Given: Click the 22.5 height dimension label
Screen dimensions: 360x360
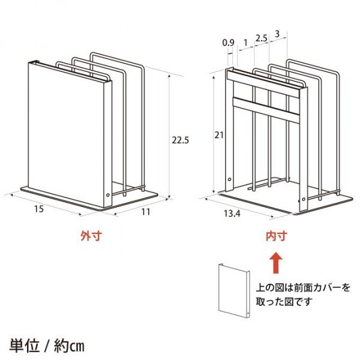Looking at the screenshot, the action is coord(181,140).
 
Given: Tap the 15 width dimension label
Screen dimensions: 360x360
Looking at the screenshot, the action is coord(39,209).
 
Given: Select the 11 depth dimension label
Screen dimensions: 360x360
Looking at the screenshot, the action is coord(146,212).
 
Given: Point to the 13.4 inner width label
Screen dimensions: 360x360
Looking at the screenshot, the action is coord(232,214).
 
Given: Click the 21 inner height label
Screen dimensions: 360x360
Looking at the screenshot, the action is coord(219,135).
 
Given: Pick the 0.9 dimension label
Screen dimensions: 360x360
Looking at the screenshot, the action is coord(229,43).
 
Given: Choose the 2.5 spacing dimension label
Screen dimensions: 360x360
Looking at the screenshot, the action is coord(262,38).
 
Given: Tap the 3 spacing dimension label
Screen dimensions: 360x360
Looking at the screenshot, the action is coord(277,34).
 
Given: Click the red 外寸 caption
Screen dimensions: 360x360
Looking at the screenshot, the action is coord(91,236).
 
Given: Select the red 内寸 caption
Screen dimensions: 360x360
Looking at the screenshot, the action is coord(277,236).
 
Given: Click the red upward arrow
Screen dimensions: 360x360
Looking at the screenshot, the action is coord(276,263).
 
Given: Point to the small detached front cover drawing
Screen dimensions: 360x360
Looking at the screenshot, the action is coord(234,290).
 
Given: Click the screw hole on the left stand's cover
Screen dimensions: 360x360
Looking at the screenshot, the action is coord(108,195).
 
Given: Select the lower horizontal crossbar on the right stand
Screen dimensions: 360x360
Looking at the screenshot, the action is coord(266,110).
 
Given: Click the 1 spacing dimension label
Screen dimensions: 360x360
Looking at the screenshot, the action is coord(245,43).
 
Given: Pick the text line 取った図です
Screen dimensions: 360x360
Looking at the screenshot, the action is coord(284,301).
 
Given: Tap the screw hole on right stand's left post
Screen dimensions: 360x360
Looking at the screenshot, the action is coord(229,179).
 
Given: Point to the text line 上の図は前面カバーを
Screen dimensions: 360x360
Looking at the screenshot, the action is coord(303,287).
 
